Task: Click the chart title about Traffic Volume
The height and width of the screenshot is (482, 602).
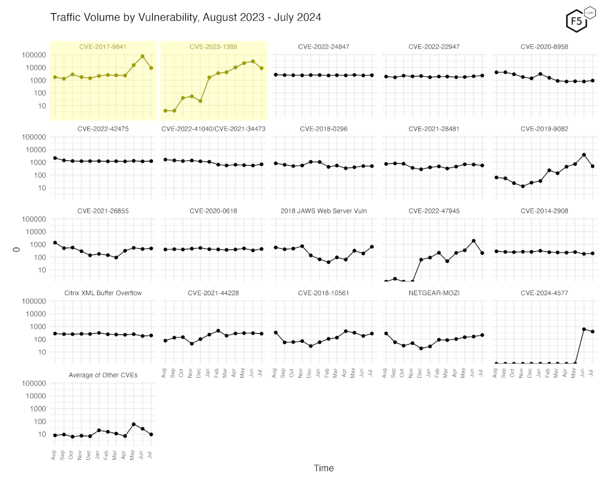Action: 185,17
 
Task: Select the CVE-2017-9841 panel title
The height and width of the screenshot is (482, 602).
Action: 103,46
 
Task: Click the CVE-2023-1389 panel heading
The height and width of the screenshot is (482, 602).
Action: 214,46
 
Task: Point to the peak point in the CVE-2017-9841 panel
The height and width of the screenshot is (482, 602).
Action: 143,57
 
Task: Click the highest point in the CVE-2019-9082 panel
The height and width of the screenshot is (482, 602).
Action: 584,155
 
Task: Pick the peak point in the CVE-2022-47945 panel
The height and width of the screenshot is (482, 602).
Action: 474,241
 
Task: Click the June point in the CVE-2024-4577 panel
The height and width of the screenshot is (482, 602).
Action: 584,329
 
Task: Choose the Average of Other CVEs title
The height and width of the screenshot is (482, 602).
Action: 103,375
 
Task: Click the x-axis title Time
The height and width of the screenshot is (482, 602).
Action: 323,468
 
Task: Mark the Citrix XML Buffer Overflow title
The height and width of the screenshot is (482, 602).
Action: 103,293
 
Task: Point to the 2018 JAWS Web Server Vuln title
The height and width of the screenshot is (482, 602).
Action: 324,211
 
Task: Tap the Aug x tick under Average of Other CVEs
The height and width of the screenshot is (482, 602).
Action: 55,455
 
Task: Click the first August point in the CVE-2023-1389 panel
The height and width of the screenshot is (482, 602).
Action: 166,111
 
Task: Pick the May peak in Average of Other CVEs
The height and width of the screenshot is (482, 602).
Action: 134,424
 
